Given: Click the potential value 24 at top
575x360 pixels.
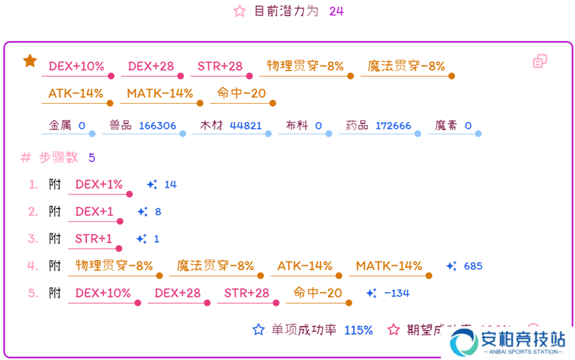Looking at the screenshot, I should coord(336,11).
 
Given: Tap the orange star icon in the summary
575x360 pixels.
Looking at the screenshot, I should coord(30,61).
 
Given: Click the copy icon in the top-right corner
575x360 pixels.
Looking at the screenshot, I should coord(540,61).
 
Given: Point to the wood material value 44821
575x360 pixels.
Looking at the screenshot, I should coord(246,125).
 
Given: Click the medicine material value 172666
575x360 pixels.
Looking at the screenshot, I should coord(393,125).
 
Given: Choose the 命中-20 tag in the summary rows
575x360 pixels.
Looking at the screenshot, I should coord(242,93).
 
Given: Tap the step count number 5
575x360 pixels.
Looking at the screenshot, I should coord(92,158).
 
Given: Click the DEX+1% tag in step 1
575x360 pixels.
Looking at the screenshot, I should coord(99,184).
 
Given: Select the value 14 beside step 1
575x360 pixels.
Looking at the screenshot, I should coord(170,184).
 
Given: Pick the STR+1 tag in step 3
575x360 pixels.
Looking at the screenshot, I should coord(94,239).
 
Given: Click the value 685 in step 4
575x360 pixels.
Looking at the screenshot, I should coord(473,266).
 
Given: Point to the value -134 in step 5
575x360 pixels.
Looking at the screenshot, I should coord(396,293).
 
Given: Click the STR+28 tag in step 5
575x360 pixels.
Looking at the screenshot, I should coord(246,293).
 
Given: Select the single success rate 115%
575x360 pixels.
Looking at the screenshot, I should coord(358,330).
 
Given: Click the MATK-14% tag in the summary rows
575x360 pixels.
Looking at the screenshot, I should coord(160,93).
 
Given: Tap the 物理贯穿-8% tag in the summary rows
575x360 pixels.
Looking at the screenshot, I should coord(305,66).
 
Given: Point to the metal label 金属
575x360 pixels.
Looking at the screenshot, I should coord(60,125).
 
